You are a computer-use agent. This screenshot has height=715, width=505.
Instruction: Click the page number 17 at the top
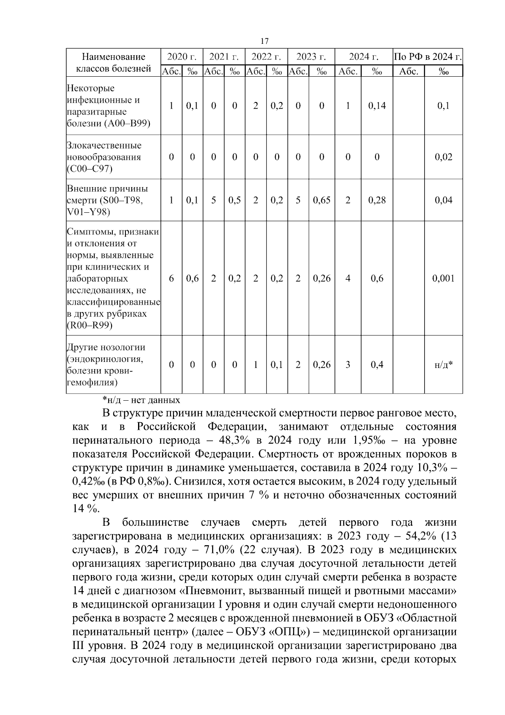[264, 41]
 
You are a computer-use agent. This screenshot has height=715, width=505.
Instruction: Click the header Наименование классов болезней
[113, 62]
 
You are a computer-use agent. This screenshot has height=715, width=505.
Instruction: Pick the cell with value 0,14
[377, 106]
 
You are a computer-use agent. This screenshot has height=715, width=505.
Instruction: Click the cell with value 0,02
[443, 157]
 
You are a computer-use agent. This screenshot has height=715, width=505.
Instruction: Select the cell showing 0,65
[322, 200]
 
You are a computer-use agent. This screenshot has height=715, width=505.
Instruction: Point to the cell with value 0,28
[377, 200]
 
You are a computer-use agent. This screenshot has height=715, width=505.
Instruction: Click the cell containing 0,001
[443, 279]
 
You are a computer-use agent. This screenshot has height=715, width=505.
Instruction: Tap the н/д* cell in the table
[443, 365]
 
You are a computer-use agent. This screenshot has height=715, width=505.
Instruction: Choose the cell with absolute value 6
[171, 279]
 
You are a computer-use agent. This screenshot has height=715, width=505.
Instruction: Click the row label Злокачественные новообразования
[104, 157]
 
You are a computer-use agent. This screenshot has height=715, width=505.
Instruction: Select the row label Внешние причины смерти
[108, 200]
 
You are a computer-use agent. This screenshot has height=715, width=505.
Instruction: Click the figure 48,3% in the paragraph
[237, 441]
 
